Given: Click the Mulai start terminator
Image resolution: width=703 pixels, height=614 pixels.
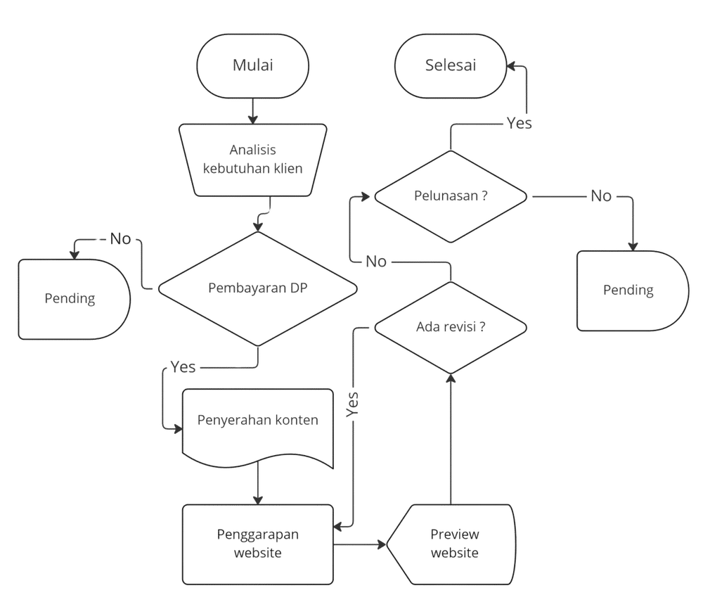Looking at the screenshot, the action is pos(253,66).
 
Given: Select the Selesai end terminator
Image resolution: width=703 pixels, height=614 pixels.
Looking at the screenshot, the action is pos(451,66).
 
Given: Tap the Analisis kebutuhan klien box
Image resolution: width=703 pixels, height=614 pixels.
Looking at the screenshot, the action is pos(253,160).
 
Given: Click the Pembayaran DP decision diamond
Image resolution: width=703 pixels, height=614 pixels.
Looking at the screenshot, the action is pos(258,288).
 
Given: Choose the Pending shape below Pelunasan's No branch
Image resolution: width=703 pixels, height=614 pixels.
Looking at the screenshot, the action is pos(633,290).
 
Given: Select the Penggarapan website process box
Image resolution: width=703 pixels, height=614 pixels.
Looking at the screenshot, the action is pos(258,544).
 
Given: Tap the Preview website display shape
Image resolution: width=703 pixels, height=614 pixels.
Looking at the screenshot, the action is pos(451,544).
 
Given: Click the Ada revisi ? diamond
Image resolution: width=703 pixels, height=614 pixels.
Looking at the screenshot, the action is pos(451,328).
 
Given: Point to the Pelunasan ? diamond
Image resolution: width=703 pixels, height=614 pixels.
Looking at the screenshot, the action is pos(451,196).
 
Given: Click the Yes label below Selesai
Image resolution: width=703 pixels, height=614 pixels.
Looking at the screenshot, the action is pos(520,123).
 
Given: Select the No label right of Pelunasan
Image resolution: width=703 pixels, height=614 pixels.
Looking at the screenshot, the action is pos(601,196).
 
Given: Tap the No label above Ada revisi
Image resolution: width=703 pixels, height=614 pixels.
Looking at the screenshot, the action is pos(375,262).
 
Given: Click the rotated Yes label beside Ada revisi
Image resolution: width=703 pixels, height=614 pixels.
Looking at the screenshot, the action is pos(352,404).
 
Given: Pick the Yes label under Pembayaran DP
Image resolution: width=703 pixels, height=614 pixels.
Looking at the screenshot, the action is pos(183,367).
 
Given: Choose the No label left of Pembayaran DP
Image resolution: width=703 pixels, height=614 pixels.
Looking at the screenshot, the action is pos(120,239).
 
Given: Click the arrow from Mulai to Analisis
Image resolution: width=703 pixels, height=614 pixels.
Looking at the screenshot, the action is pos(253,111).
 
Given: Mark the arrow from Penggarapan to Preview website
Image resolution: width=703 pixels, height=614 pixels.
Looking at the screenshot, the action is pos(360,545).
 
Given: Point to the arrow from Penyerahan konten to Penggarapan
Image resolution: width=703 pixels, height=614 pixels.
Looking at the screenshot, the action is pos(258,482).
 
